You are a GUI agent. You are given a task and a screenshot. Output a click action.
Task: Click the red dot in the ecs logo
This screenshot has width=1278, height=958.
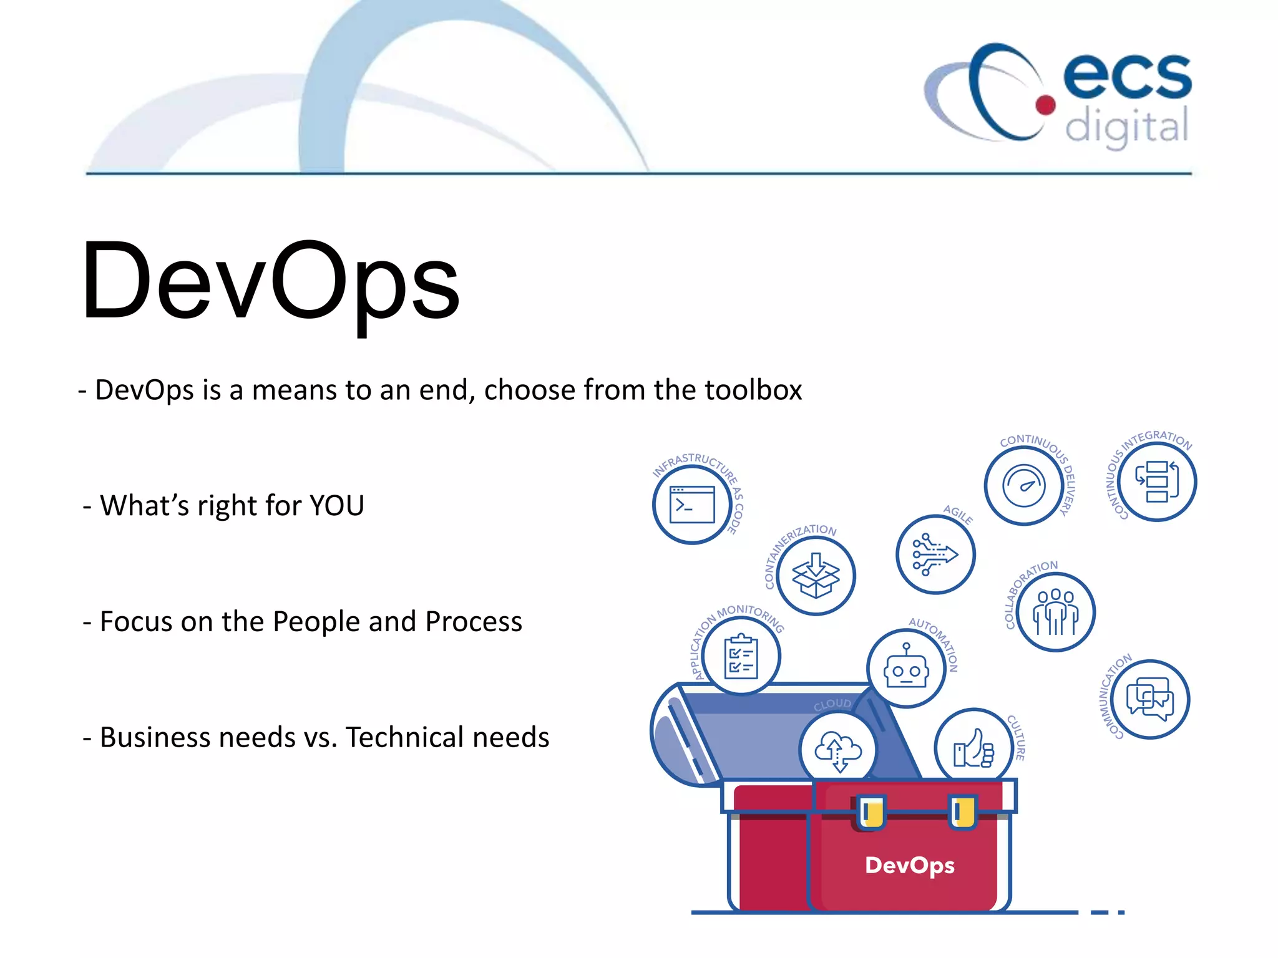(x=1045, y=105)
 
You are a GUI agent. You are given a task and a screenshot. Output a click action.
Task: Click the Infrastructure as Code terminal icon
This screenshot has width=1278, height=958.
(x=692, y=505)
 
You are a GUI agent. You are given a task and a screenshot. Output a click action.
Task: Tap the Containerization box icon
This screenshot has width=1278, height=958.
(x=816, y=576)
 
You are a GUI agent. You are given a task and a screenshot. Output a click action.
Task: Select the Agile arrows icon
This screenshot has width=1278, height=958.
(x=935, y=554)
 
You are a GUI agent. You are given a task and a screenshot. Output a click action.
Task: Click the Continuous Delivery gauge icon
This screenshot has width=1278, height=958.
(x=1023, y=486)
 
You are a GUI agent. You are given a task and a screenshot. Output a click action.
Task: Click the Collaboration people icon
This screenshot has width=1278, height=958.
(x=1055, y=612)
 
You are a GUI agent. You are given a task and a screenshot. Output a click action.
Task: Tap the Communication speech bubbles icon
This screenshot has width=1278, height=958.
(x=1149, y=699)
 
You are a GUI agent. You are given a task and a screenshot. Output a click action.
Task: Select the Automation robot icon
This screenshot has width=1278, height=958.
(x=906, y=669)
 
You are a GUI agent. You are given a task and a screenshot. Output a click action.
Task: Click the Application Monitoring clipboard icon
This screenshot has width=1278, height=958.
(x=741, y=656)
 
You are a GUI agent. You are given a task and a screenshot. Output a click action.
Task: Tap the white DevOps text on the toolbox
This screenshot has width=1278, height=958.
(x=910, y=866)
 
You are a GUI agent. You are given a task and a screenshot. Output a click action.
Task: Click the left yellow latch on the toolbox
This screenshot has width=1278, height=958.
(x=871, y=811)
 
